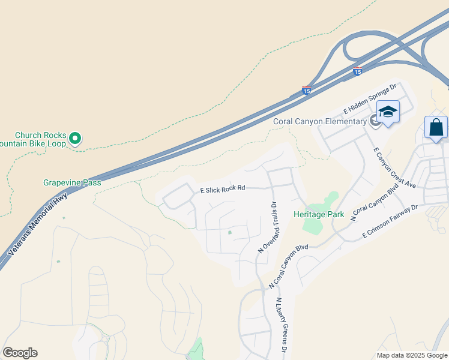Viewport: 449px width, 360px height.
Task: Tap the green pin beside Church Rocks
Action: (x=75, y=139)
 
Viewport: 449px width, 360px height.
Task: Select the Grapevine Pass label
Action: (x=72, y=182)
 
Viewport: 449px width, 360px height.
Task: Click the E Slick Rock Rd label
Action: (x=223, y=188)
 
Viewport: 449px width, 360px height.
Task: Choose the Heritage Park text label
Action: (x=318, y=214)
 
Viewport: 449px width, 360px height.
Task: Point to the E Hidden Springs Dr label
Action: (x=370, y=100)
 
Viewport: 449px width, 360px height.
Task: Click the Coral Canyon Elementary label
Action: (x=319, y=122)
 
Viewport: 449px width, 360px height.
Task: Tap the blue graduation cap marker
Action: (x=388, y=112)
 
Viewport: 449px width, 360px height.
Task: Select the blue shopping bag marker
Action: (x=436, y=128)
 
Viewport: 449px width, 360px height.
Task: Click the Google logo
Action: (x=20, y=353)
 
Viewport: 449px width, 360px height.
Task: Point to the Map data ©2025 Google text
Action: (x=412, y=355)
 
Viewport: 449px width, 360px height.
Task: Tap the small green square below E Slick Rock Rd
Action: (x=230, y=232)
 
